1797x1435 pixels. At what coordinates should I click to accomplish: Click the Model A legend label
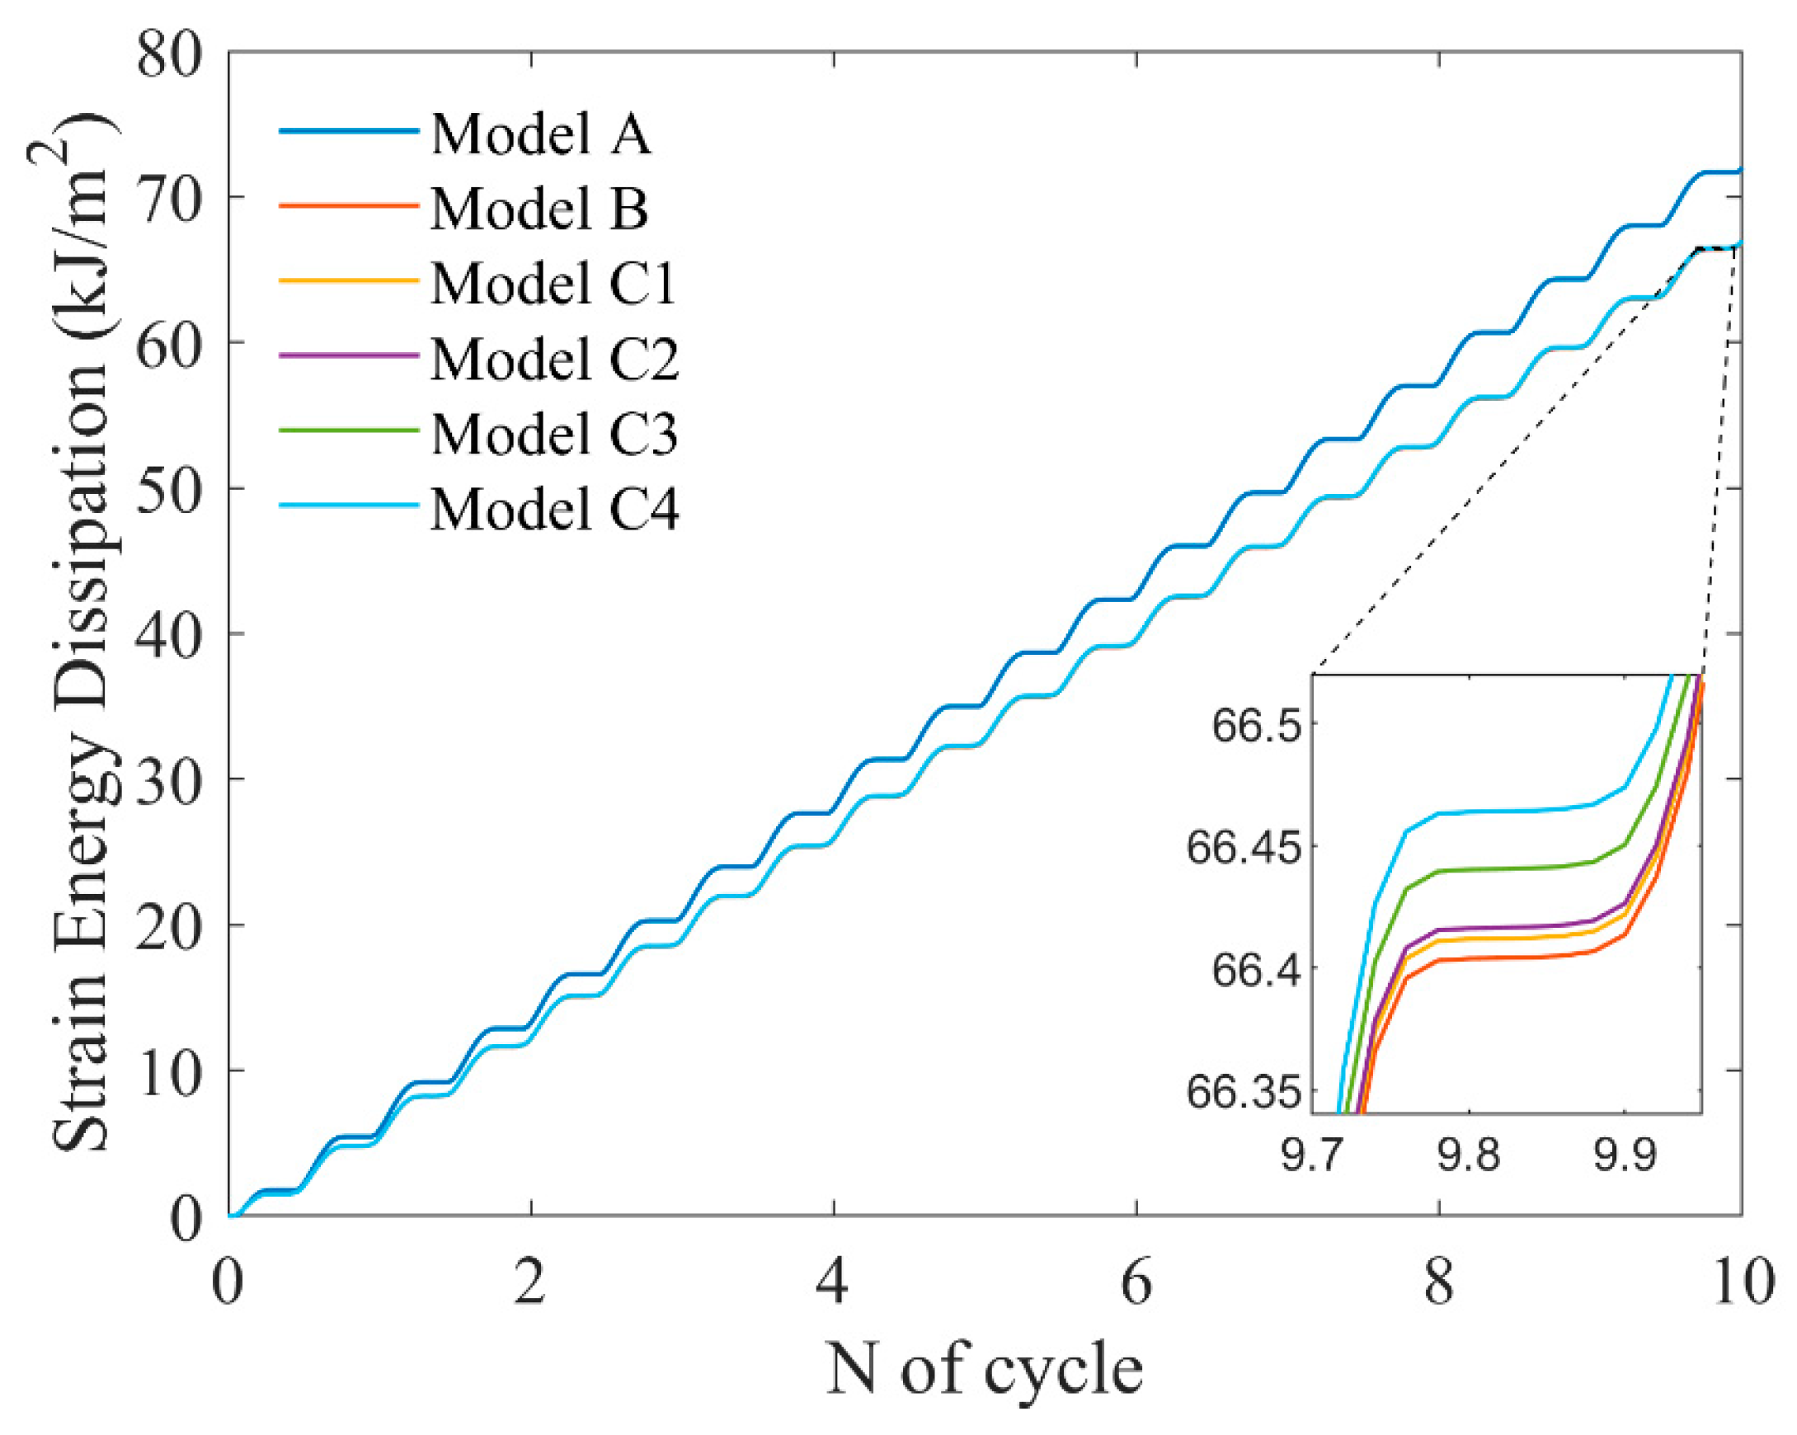tap(540, 134)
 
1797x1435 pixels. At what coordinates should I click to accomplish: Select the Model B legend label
tap(539, 209)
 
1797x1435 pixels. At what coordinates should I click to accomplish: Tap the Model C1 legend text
tap(553, 284)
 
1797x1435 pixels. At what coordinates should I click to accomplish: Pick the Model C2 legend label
tap(554, 358)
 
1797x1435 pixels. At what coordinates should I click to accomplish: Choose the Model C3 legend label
tap(554, 433)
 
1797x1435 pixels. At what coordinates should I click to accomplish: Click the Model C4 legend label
tap(554, 508)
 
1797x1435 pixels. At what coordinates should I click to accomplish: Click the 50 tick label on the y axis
tap(170, 488)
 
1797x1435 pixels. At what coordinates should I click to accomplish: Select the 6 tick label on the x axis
tap(1136, 1283)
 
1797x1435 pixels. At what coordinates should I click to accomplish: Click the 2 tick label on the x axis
tap(530, 1283)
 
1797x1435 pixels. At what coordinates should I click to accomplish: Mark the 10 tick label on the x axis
tap(1742, 1283)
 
